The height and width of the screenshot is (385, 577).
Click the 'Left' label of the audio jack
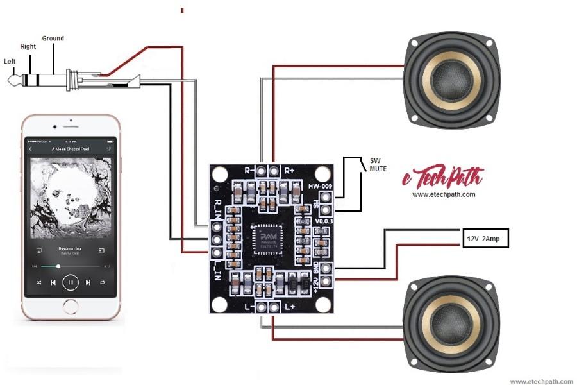[x=10, y=62]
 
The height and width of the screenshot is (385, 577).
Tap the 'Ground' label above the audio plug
[x=53, y=38]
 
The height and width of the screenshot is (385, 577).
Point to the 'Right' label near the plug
[x=28, y=47]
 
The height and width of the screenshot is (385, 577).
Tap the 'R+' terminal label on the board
[x=290, y=171]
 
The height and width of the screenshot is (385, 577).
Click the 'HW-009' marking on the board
[x=319, y=186]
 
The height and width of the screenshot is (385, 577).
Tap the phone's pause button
[x=71, y=282]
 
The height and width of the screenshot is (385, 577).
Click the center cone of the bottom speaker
[x=451, y=320]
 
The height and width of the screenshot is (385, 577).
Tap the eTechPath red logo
[x=443, y=177]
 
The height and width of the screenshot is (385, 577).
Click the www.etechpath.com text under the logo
[x=444, y=194]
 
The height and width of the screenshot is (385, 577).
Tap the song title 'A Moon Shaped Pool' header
[x=71, y=149]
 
